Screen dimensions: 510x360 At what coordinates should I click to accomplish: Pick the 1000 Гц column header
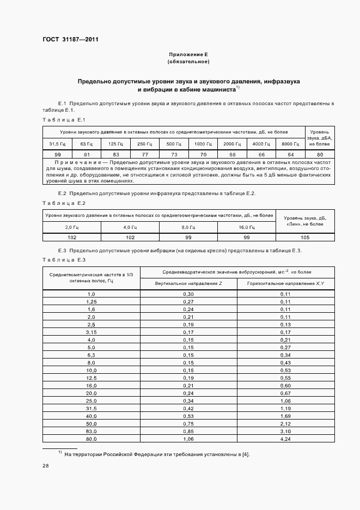203,144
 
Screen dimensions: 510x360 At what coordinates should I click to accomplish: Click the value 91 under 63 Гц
87,154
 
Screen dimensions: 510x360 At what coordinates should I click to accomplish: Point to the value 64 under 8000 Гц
291,154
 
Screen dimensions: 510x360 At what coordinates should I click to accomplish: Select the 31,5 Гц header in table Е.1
57,144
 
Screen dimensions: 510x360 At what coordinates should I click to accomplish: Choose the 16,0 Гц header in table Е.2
247,227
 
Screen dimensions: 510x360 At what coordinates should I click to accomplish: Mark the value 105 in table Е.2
305,238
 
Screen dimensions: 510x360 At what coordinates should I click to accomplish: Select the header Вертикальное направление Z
188,284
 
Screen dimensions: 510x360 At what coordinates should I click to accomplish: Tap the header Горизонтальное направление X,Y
285,284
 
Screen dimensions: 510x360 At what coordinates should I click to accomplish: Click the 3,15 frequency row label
91,332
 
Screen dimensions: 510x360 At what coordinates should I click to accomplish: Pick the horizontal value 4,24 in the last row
285,438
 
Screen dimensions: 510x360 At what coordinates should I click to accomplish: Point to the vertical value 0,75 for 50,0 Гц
188,423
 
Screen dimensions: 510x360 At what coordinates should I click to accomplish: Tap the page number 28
46,466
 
